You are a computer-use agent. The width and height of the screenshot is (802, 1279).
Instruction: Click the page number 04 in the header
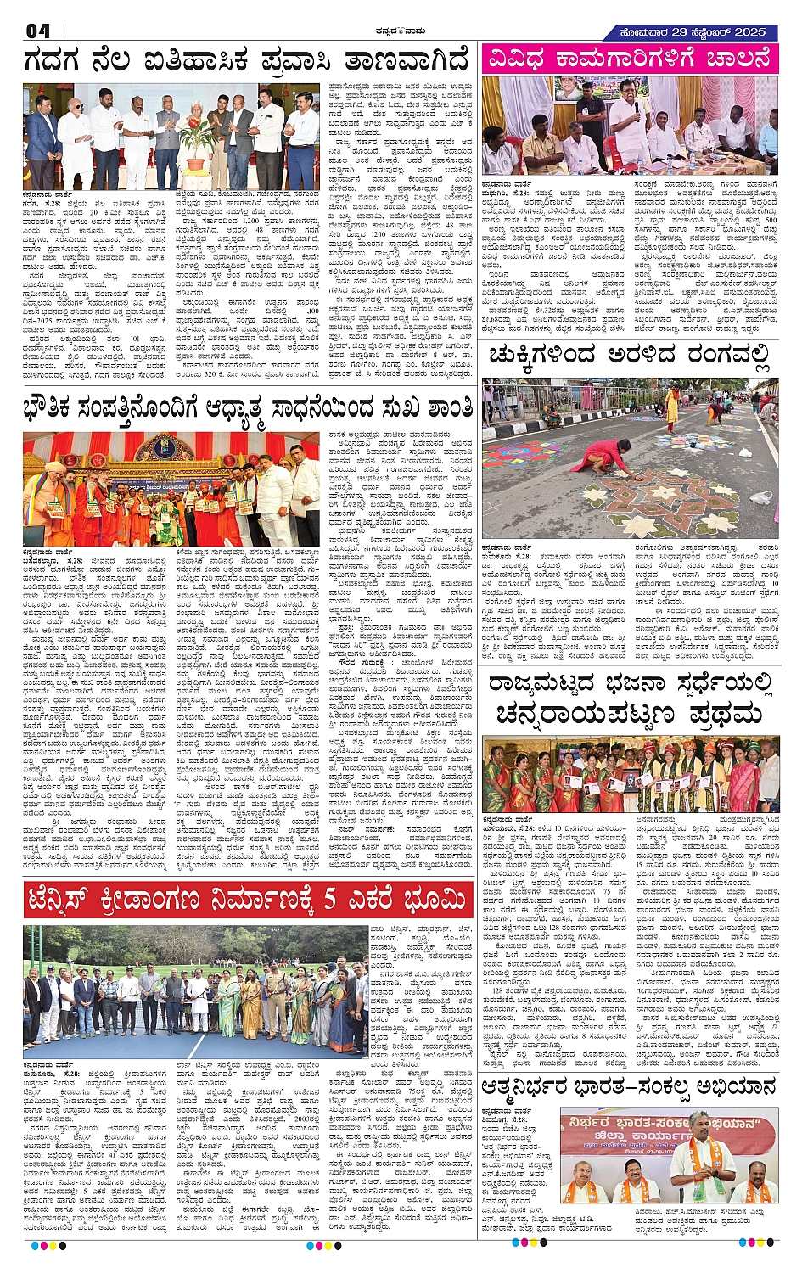pos(38,31)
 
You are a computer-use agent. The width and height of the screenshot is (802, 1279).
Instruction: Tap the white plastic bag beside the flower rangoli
pos(761,497)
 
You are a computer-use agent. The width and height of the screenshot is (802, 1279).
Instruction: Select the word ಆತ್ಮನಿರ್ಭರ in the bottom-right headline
pos(545,1087)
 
